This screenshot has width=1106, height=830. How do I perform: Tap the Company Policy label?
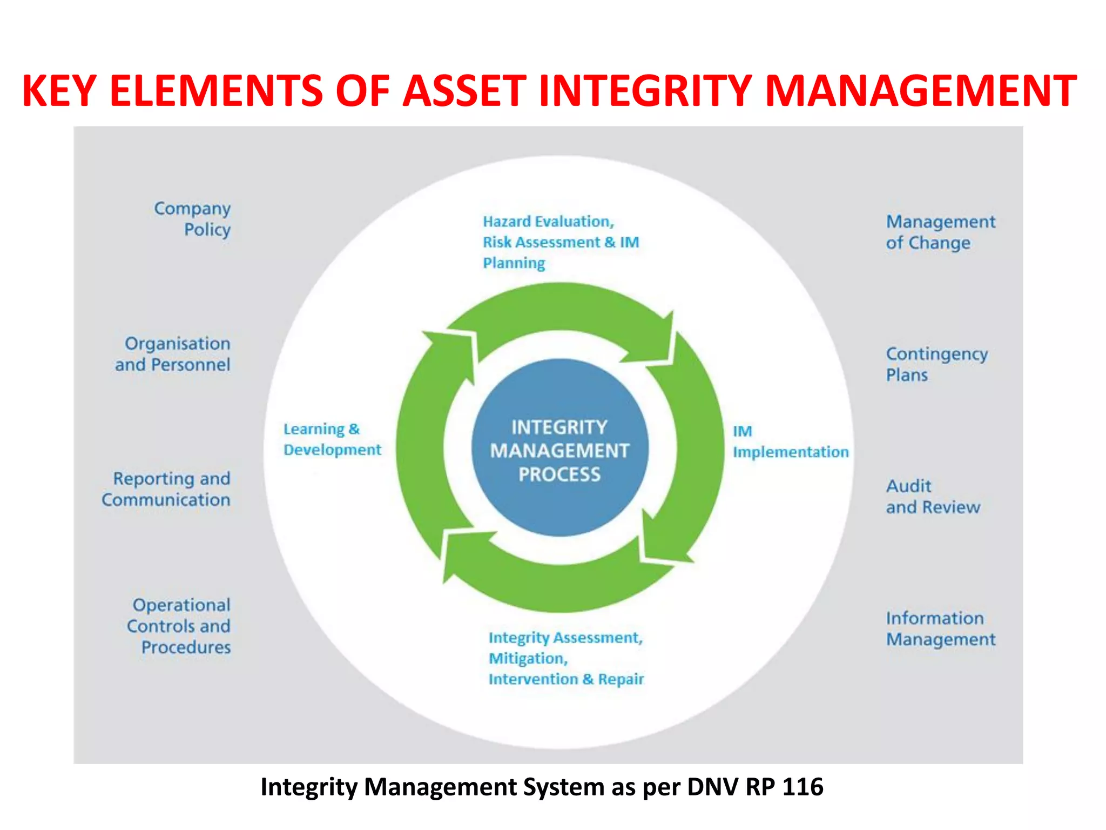[193, 219]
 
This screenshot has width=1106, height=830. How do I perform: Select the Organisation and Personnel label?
[173, 354]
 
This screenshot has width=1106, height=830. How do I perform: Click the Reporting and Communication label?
[167, 489]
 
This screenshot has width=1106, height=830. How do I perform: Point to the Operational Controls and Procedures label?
[179, 626]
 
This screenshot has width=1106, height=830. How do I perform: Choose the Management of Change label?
[940, 232]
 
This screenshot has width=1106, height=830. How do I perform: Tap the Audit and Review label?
[933, 497]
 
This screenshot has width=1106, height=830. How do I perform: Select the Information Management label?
[940, 628]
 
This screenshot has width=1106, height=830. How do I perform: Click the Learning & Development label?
[332, 439]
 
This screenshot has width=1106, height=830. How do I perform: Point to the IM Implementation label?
[790, 441]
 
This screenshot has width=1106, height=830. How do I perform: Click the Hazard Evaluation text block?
[561, 242]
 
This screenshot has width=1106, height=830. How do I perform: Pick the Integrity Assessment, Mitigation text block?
[566, 658]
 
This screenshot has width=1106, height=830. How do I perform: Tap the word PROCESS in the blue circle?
[559, 474]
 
